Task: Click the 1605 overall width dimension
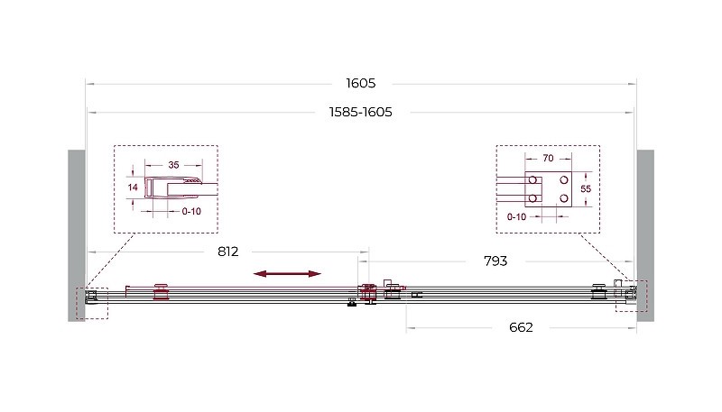360,83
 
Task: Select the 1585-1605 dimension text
360,112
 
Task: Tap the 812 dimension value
228,252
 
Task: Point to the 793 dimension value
495,261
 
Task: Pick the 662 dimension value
521,327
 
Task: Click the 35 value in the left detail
173,165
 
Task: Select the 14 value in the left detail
133,188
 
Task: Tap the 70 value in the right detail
548,158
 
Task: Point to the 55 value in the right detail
585,189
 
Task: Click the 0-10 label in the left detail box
191,212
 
